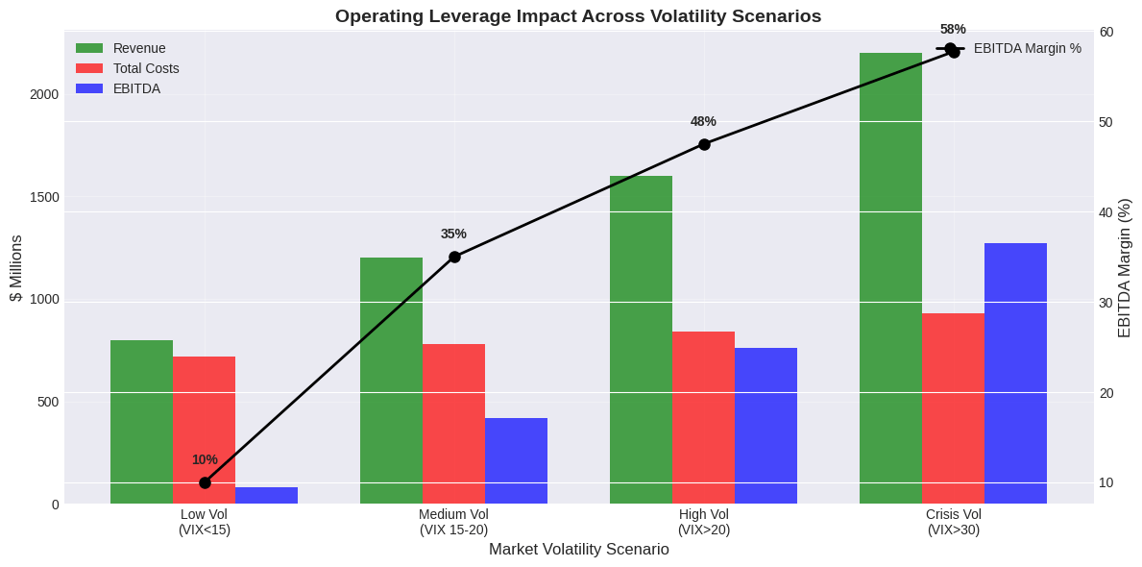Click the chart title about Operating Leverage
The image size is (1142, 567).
coord(577,16)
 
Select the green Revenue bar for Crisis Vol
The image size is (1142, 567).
coord(890,278)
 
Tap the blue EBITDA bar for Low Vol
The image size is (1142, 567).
coord(266,496)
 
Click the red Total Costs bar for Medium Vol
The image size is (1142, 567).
coord(453,424)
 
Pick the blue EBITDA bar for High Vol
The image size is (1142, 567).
coord(765,426)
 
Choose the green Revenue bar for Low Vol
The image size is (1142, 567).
coord(141,422)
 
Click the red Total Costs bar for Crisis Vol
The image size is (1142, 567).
coord(953,408)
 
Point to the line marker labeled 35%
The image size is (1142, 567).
coord(454,257)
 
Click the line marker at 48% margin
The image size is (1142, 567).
coord(704,144)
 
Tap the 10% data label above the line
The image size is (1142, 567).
coord(205,459)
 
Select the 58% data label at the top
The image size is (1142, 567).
coord(953,29)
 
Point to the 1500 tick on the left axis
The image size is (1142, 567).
coord(43,197)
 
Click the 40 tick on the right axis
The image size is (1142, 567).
coord(1106,212)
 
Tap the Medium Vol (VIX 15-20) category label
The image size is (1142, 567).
coord(453,522)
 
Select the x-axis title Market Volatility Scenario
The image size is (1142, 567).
coord(578,550)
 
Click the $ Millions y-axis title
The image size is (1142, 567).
coord(16,268)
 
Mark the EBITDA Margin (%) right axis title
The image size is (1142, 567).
coord(1125,268)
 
